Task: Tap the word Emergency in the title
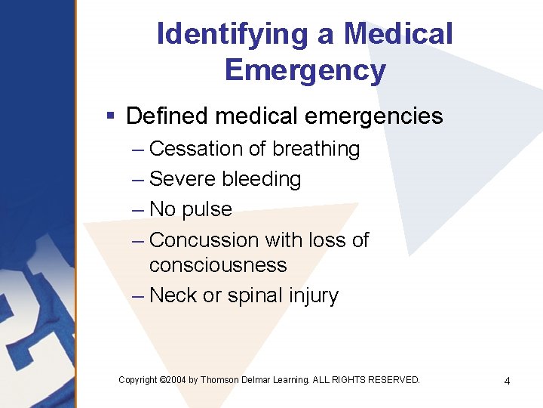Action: pyautogui.click(x=305, y=70)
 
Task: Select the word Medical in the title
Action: pyautogui.click(x=398, y=34)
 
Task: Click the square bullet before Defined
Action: pyautogui.click(x=110, y=116)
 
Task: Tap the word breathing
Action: pyautogui.click(x=316, y=150)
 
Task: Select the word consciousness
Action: pyautogui.click(x=218, y=265)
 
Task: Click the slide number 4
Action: pyautogui.click(x=507, y=381)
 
